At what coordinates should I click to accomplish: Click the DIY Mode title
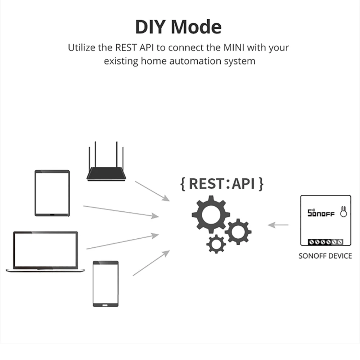pos(178,27)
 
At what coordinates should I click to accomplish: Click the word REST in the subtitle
pos(125,48)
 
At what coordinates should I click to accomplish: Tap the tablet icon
pos(52,193)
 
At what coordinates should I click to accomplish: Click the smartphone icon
pos(105,284)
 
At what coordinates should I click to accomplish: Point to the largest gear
pos(211,215)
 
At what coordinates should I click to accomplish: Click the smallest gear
pos(216,244)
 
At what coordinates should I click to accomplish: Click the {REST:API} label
pos(222,184)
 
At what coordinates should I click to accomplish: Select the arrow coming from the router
pos(152,191)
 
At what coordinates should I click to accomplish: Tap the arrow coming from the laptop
pos(122,242)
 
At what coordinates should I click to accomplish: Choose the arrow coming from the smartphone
pos(151,263)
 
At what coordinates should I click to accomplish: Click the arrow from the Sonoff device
pos(278,225)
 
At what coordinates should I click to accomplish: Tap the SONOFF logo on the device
pos(321,213)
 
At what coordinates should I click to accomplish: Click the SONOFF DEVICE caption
pos(325,256)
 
